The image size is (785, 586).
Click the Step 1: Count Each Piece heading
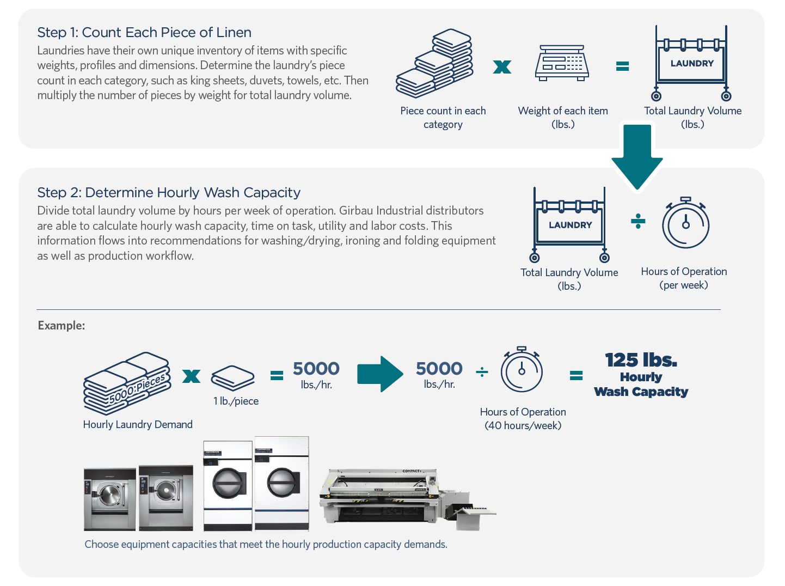(x=144, y=33)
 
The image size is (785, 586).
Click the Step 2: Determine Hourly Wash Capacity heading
(x=169, y=193)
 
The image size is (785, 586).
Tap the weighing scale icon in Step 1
(x=562, y=63)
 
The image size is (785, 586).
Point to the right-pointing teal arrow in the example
(x=380, y=374)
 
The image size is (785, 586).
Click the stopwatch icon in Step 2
(x=685, y=223)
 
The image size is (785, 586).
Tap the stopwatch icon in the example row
(x=522, y=370)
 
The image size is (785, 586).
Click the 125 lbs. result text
(x=641, y=361)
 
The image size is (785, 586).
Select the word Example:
(x=62, y=326)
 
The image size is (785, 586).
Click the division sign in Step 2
(x=638, y=221)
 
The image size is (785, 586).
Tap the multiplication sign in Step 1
(x=502, y=67)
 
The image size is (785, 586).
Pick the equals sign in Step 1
(x=622, y=66)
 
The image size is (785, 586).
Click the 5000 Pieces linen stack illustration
(x=127, y=383)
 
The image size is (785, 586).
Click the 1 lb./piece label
(x=236, y=401)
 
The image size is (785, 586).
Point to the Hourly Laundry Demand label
(x=138, y=425)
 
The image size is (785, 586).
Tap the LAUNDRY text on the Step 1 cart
(x=692, y=64)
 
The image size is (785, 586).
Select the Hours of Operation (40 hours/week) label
(x=523, y=419)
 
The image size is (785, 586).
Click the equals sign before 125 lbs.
(x=576, y=375)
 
